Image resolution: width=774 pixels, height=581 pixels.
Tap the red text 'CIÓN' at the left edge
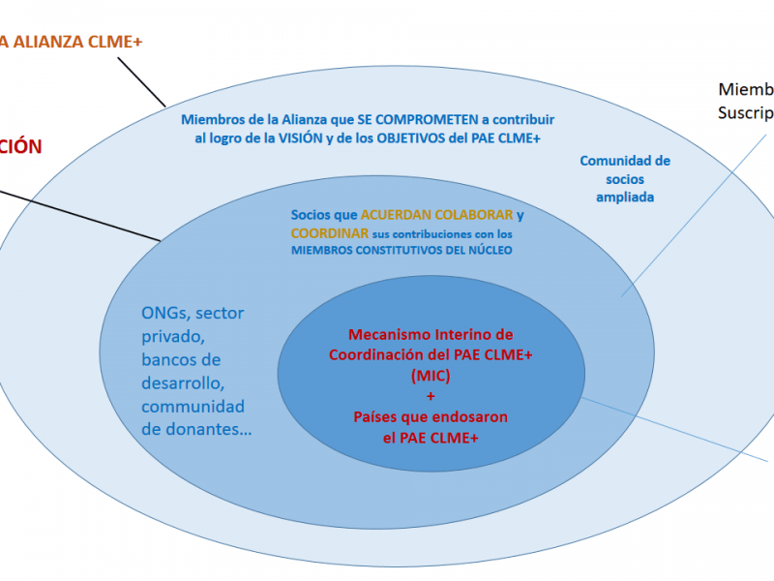click(21, 147)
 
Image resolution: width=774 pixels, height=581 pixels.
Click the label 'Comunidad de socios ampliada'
click(624, 179)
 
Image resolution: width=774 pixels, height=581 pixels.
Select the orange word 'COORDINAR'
click(329, 233)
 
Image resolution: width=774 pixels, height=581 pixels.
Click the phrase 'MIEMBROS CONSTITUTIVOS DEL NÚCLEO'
click(402, 251)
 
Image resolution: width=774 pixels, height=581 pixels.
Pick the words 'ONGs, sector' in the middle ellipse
click(193, 313)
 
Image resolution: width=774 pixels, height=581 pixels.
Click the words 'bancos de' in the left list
click(181, 360)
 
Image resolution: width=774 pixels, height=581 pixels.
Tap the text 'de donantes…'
click(196, 429)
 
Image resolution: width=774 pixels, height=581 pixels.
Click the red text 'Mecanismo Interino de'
click(431, 334)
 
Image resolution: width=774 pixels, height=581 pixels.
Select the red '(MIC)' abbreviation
click(431, 375)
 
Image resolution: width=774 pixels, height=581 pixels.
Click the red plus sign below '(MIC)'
click(431, 396)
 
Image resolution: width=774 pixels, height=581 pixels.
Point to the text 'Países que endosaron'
click(431, 416)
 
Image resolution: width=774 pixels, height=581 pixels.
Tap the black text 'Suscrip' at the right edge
click(745, 112)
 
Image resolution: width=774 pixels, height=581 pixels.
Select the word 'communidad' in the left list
click(193, 406)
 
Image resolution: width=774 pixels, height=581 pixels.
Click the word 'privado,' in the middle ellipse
click(172, 336)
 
